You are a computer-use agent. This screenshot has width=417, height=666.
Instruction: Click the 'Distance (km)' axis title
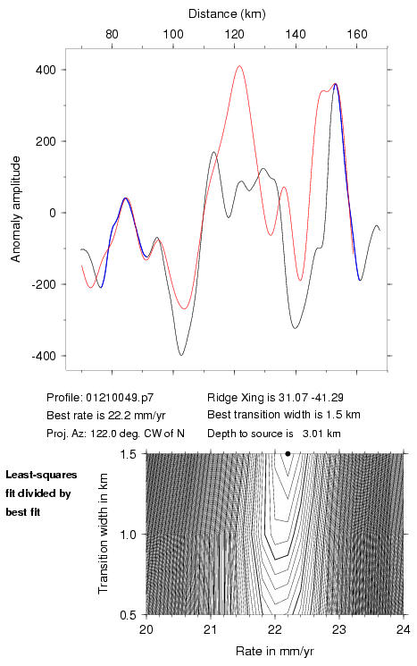(x=227, y=14)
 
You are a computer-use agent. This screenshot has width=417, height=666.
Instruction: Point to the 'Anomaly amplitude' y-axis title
(x=16, y=209)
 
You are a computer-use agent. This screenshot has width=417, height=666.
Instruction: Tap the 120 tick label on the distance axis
(x=235, y=34)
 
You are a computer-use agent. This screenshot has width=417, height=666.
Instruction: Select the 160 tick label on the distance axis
(x=357, y=34)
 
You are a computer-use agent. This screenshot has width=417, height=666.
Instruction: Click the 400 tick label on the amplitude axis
(x=46, y=70)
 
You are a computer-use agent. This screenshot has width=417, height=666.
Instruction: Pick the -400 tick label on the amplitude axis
(x=44, y=356)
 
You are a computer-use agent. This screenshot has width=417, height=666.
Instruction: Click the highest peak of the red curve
(x=239, y=66)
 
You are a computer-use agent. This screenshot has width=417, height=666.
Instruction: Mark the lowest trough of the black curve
(x=181, y=355)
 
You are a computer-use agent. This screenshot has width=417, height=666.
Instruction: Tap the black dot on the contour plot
(x=288, y=453)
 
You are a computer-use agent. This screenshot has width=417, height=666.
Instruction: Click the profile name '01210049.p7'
(x=120, y=398)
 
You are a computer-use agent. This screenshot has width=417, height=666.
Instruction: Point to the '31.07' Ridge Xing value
(x=290, y=398)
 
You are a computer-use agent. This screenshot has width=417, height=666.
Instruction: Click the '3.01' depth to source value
(x=312, y=434)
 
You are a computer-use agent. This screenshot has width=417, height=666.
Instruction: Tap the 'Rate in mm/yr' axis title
(x=274, y=651)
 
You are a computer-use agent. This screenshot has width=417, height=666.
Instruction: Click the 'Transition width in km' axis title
(x=103, y=534)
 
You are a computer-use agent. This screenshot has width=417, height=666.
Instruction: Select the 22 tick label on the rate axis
(x=275, y=629)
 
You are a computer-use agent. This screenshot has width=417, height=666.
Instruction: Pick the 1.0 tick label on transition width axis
(x=128, y=535)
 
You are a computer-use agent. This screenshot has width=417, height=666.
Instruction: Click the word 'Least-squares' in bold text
(x=42, y=475)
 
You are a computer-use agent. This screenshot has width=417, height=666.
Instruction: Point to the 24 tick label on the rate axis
(x=404, y=629)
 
